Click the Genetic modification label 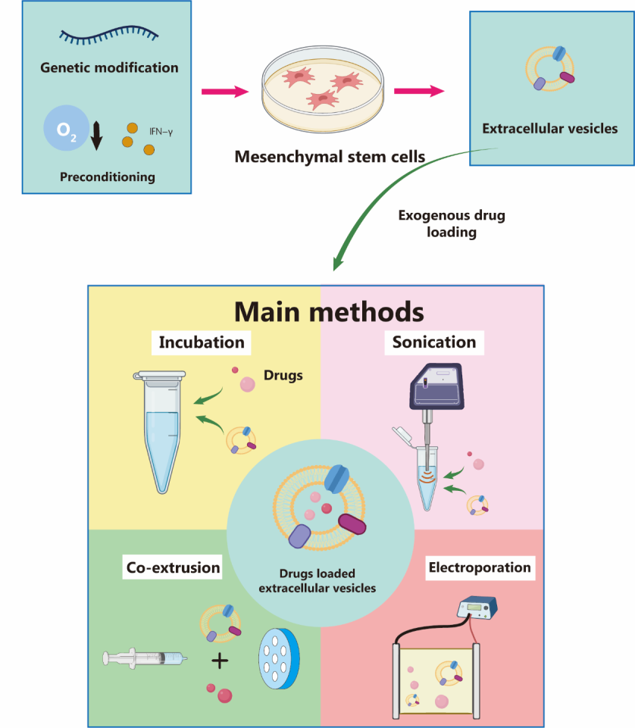109,67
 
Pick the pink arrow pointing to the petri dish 225,92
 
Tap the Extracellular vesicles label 549,128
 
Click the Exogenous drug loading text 452,224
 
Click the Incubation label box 202,342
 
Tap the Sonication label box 434,342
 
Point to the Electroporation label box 480,567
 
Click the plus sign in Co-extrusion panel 220,661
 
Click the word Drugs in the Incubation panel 283,374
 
